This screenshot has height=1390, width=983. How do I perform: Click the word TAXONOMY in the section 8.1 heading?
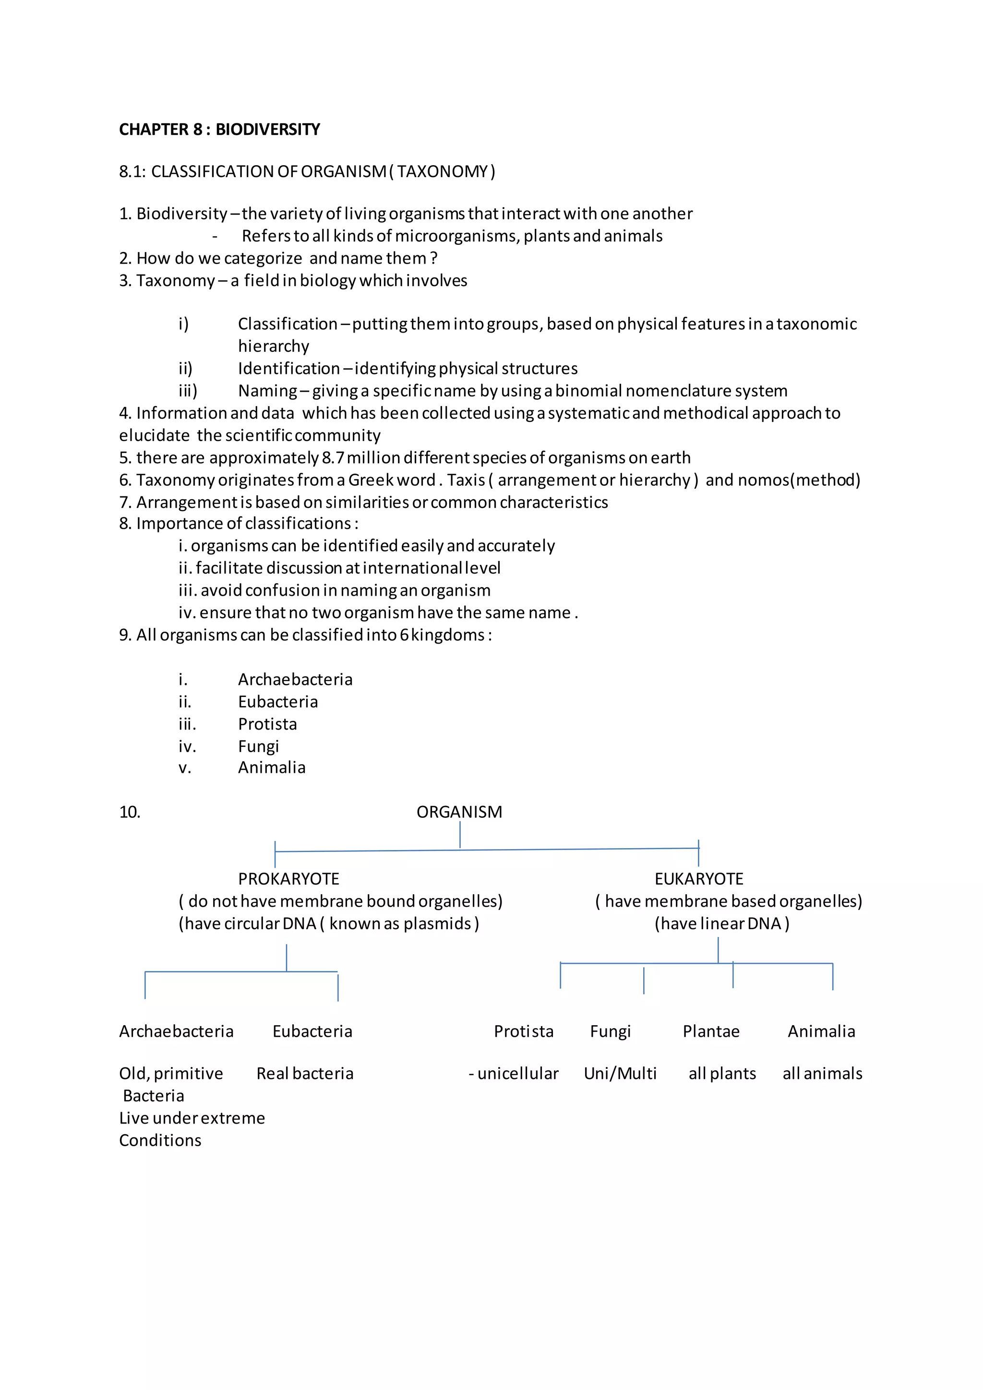pyautogui.click(x=443, y=172)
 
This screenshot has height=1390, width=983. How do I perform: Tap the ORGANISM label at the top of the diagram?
pyautogui.click(x=459, y=812)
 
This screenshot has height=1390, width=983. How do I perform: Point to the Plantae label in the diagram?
pyautogui.click(x=711, y=1031)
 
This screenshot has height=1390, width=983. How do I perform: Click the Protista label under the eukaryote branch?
pyautogui.click(x=524, y=1031)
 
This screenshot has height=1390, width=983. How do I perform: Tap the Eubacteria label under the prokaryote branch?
pyautogui.click(x=312, y=1031)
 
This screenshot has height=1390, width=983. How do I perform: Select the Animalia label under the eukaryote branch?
pyautogui.click(x=821, y=1031)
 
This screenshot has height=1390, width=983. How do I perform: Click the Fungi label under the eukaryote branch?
pyautogui.click(x=610, y=1031)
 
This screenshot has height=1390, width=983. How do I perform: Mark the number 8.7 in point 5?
pyautogui.click(x=332, y=458)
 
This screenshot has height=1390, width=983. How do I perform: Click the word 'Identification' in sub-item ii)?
pyautogui.click(x=289, y=368)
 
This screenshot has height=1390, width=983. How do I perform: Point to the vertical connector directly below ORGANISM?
pyautogui.click(x=460, y=835)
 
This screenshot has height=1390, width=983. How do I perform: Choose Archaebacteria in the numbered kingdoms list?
pyautogui.click(x=295, y=679)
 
